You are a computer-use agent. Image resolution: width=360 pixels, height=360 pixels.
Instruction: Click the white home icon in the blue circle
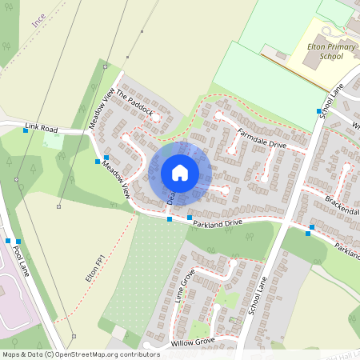pos(180,172)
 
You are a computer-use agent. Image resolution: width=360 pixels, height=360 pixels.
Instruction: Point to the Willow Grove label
pos(193,342)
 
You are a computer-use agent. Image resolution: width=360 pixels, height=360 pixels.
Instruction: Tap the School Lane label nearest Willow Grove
pos(257,291)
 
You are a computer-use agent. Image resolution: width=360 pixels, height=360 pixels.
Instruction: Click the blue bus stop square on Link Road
pos(26,130)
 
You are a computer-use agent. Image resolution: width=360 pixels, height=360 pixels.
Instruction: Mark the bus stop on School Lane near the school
pos(318,111)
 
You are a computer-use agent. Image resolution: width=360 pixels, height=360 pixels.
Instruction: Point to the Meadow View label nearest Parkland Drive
pos(116,183)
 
